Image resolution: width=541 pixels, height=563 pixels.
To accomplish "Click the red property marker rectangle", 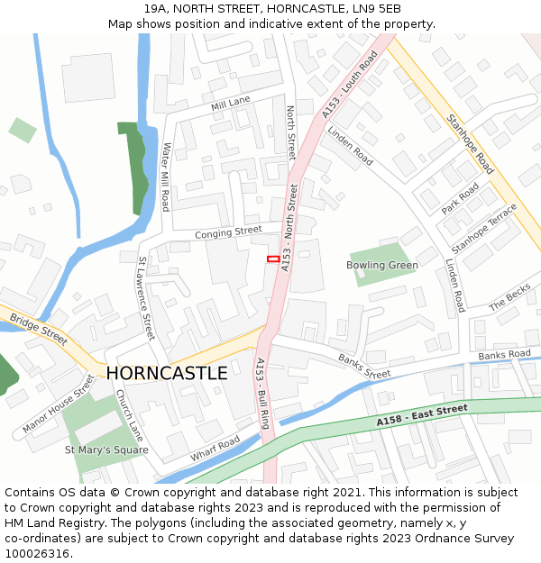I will click(272, 259).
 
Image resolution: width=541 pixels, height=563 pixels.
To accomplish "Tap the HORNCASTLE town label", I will click(167, 373).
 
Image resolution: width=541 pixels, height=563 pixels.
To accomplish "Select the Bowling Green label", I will click(381, 265).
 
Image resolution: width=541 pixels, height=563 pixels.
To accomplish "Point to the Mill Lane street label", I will click(230, 105).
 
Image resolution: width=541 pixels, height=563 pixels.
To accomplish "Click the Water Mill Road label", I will click(165, 177).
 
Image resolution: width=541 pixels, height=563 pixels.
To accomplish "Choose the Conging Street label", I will click(228, 232).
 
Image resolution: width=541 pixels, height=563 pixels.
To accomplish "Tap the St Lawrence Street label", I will click(146, 298).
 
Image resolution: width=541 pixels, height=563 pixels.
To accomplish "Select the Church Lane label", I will click(129, 413).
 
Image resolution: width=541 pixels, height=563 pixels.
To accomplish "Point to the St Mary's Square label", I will click(106, 449).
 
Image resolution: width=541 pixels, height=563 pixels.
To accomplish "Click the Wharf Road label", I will click(215, 448).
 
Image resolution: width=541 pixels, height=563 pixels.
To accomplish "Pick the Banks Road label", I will click(505, 355).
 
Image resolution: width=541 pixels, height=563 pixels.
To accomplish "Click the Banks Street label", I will click(364, 366).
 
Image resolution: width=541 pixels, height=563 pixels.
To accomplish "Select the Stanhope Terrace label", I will click(484, 228).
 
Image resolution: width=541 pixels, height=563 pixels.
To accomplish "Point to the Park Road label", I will click(460, 199).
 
